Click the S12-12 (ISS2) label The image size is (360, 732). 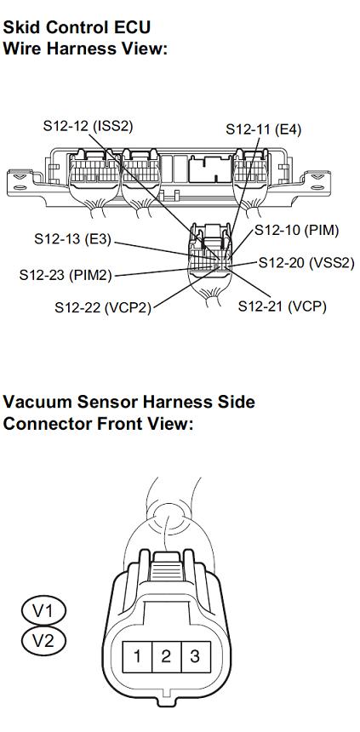(89, 126)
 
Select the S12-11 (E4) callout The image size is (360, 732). (263, 129)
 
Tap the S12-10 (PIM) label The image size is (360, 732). (296, 230)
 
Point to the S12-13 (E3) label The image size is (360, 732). (73, 238)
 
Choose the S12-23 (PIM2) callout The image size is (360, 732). (66, 274)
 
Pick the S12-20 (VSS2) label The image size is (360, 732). (306, 263)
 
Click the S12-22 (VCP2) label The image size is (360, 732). (103, 307)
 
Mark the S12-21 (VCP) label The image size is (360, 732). (282, 306)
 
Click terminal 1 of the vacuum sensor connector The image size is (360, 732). (137, 656)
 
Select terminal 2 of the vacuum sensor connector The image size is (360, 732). (167, 656)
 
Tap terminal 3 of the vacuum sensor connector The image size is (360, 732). (196, 656)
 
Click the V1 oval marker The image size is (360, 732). (43, 610)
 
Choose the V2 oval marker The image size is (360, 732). (43, 640)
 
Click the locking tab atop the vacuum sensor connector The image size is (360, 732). (166, 566)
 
